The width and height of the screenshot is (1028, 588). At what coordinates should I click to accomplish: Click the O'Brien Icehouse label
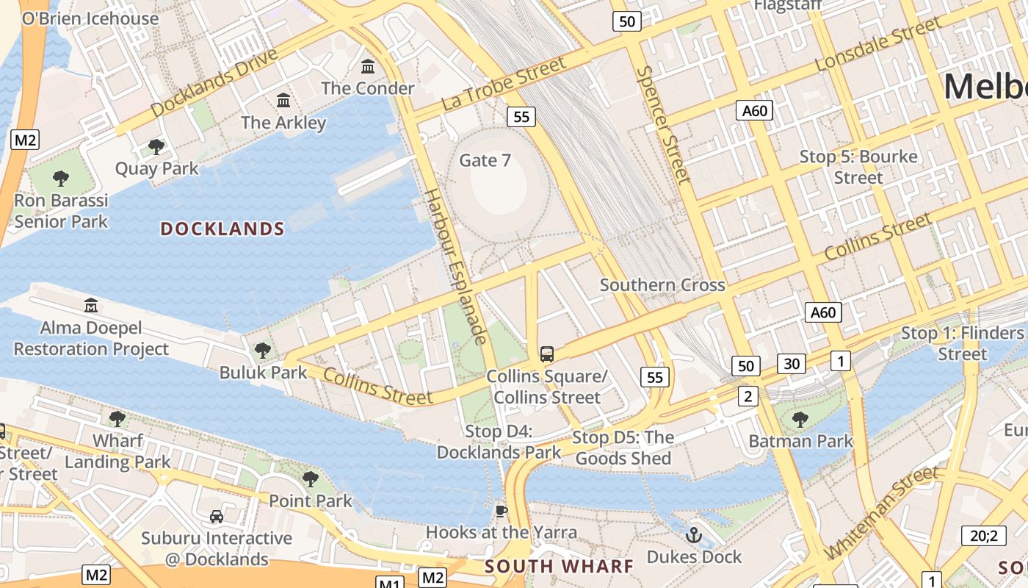coord(90,18)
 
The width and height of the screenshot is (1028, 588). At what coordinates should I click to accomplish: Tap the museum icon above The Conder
coord(368,67)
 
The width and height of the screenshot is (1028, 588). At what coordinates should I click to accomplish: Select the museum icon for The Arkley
coord(283,100)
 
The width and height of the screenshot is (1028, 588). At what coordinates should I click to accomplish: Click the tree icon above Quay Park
coord(156,146)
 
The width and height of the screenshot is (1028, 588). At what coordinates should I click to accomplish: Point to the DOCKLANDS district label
coord(222,229)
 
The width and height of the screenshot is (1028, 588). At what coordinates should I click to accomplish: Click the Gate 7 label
coord(485,160)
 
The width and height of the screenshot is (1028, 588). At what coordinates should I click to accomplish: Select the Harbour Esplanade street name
coord(456,266)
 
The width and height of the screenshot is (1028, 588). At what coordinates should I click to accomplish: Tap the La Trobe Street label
coord(504,85)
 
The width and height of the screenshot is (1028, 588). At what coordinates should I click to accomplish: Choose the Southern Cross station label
coord(662,285)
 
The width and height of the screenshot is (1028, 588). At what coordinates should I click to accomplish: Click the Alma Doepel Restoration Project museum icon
coord(91,305)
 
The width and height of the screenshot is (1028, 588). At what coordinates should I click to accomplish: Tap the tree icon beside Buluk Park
coord(262,351)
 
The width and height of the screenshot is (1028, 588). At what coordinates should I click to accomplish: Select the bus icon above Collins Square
coord(547,354)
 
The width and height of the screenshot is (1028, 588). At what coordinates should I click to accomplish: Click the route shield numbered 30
coord(791,363)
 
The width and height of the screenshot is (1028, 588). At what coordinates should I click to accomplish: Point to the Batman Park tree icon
coord(800,420)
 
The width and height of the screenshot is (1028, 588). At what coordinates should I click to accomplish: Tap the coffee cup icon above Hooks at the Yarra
coord(502,511)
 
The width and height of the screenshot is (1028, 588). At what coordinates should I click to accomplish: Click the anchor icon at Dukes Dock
coord(694,535)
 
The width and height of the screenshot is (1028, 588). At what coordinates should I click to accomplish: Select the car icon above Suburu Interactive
coord(217,517)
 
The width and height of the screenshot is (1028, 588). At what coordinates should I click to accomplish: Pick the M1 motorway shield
coord(389,584)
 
